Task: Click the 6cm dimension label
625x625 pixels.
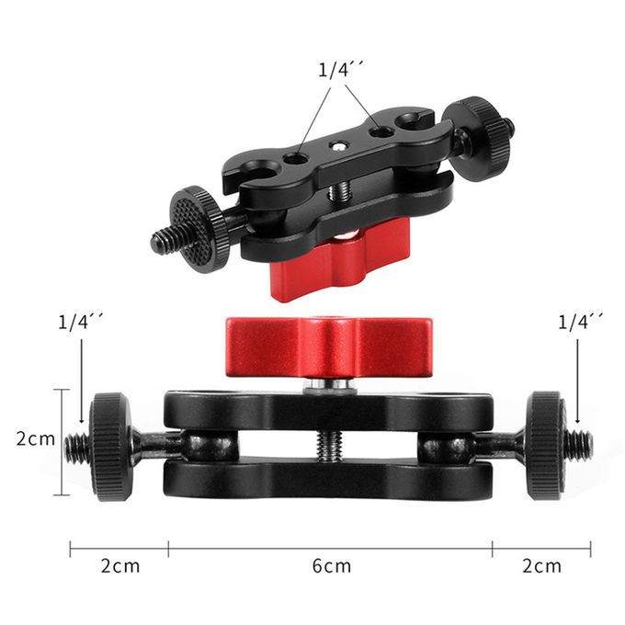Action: click(x=332, y=565)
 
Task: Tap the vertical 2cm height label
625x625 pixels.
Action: click(x=36, y=438)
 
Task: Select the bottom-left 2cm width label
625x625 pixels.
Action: click(x=120, y=565)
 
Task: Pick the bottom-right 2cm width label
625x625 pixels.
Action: click(x=541, y=565)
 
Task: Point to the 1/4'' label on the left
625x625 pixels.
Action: click(x=81, y=322)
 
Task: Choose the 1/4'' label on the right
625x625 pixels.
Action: click(x=580, y=322)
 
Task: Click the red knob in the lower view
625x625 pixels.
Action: click(x=329, y=347)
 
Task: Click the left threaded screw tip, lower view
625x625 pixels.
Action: click(x=75, y=445)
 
